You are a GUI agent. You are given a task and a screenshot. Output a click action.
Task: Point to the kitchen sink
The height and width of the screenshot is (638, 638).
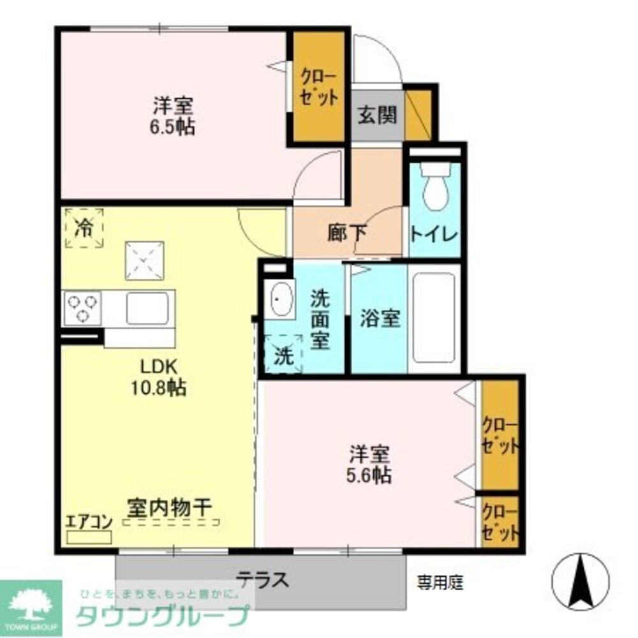tap(149, 309)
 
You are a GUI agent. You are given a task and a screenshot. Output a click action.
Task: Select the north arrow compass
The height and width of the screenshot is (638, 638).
tap(580, 581)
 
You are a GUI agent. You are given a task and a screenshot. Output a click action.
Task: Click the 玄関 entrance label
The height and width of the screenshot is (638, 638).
tap(377, 115)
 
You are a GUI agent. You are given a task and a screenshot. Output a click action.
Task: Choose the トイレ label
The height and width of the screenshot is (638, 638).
tap(434, 234)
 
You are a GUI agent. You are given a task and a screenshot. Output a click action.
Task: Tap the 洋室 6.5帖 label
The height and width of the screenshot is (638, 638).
tap(173, 115)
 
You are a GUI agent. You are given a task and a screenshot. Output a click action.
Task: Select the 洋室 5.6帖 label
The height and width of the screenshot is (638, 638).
tap(369, 464)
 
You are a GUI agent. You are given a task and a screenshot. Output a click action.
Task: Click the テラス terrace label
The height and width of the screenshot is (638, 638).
tap(263, 580)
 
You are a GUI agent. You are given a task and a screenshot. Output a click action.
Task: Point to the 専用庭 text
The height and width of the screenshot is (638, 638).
tap(440, 582)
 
